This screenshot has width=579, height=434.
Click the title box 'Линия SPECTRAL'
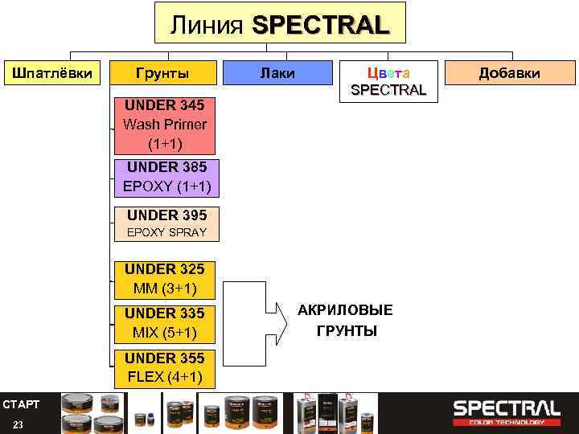pyautogui.click(x=280, y=23)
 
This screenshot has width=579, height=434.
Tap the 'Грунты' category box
pyautogui.click(x=162, y=73)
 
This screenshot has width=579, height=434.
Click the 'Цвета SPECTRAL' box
pyautogui.click(x=388, y=81)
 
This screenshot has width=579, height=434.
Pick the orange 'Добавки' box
pyautogui.click(x=509, y=73)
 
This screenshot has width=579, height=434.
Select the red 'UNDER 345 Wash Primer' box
pyautogui.click(x=165, y=125)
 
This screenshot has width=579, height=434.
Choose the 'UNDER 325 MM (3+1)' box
pyautogui.click(x=164, y=278)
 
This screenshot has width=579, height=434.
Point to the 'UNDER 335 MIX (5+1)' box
pyautogui.click(x=164, y=322)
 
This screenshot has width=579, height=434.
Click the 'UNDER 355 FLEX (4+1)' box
pyautogui.click(x=164, y=367)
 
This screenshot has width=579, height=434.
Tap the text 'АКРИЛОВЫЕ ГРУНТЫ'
pyautogui.click(x=345, y=321)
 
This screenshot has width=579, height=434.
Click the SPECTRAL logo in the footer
pyautogui.click(x=506, y=407)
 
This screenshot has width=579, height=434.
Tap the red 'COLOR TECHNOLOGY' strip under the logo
pyautogui.click(x=506, y=422)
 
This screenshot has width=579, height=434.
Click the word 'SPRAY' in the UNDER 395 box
pyautogui.click(x=187, y=232)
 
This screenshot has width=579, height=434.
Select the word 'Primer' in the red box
pyautogui.click(x=187, y=125)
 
